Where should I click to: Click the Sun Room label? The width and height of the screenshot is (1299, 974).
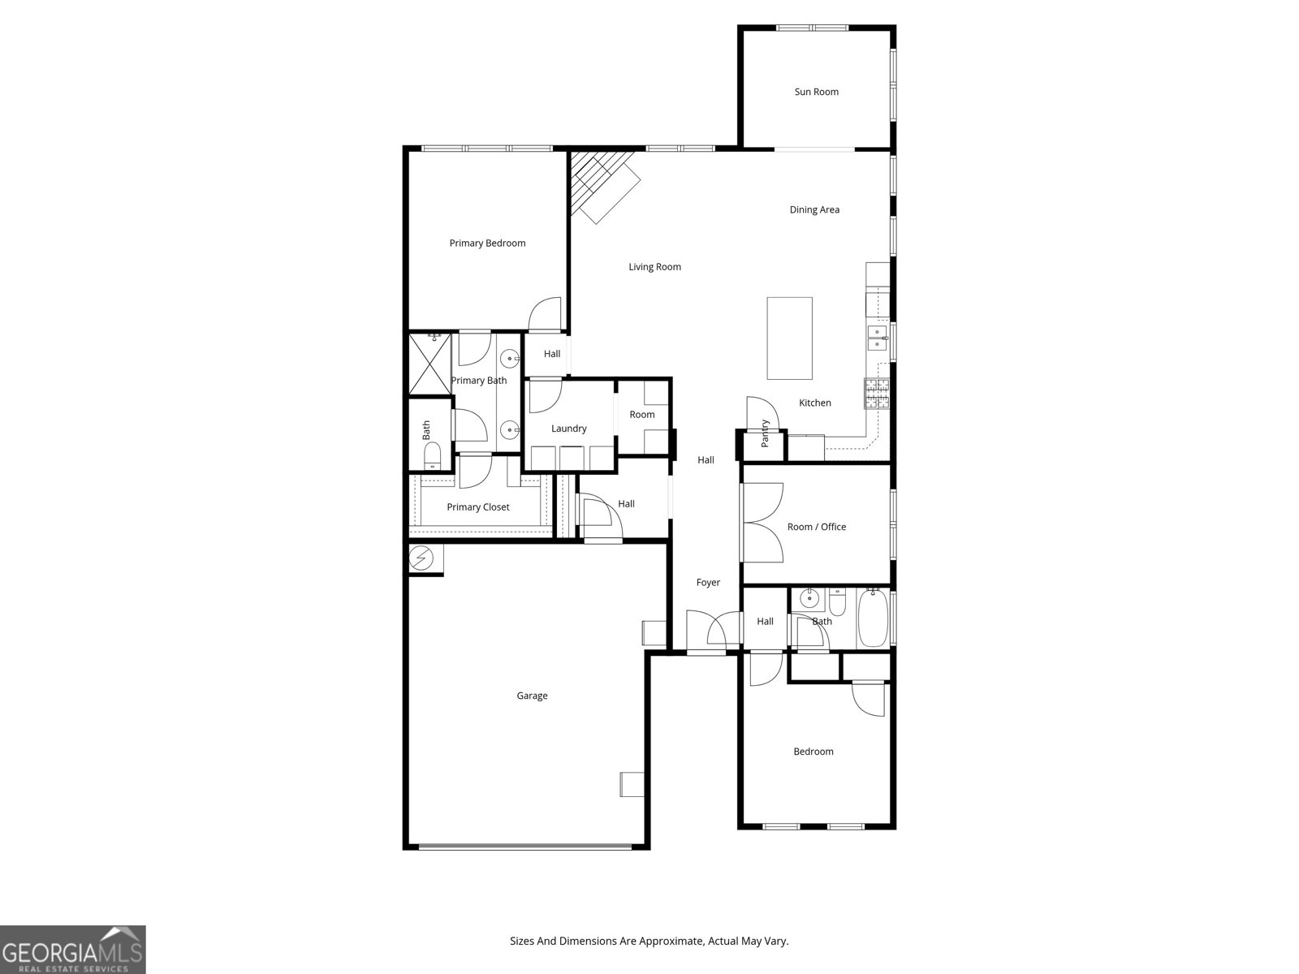816,92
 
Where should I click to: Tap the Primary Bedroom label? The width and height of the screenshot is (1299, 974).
487,243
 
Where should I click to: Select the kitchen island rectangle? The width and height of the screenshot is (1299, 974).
789,338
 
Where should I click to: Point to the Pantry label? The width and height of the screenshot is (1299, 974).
765,433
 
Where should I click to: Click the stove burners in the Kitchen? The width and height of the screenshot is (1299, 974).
877,394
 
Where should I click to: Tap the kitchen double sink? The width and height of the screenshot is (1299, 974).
877,338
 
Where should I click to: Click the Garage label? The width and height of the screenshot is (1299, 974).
532,696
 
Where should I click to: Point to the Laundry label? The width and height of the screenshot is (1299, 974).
568,429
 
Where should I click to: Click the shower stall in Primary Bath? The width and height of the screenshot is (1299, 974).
429,364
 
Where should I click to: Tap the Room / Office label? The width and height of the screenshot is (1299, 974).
816,527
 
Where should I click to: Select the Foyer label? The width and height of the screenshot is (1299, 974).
708,583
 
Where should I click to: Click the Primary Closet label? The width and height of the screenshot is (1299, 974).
478,507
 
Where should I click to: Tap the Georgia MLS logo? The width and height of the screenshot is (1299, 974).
73,949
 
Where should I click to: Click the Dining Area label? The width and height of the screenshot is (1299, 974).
814,209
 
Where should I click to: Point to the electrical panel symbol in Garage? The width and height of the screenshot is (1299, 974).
421,558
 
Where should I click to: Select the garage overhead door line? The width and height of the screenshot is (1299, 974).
524,847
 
